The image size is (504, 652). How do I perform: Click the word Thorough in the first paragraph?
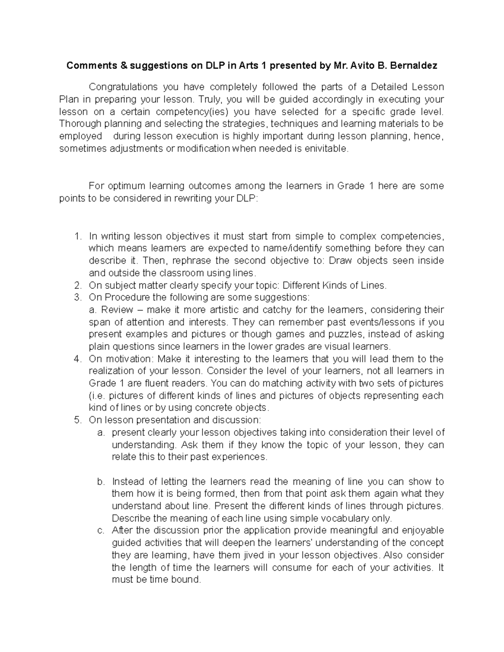(x=80, y=124)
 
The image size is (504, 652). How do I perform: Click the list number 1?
(x=77, y=236)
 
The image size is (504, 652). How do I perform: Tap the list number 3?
(x=77, y=298)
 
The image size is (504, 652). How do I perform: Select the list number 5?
(x=77, y=420)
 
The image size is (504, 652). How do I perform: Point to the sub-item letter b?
(x=100, y=482)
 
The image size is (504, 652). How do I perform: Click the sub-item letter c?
(x=100, y=531)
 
